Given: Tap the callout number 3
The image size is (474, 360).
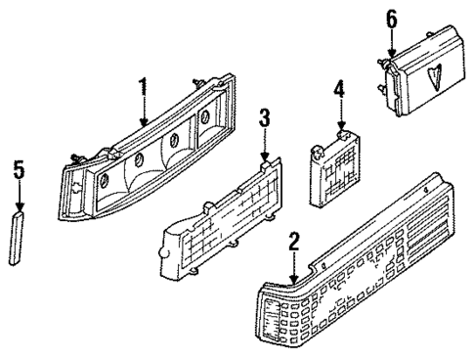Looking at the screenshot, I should pyautogui.click(x=263, y=121).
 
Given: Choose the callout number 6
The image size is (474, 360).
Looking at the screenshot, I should pyautogui.click(x=391, y=19).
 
